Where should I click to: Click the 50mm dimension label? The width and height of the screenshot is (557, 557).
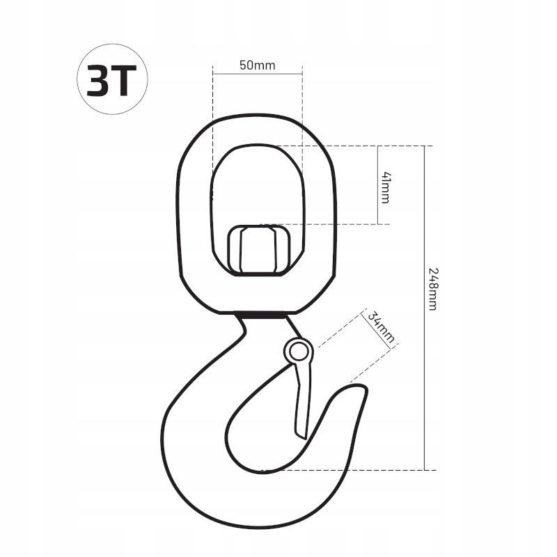[x=257, y=65]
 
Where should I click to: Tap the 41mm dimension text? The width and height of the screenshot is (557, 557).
[x=386, y=187]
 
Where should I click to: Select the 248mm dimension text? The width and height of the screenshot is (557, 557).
[x=432, y=289]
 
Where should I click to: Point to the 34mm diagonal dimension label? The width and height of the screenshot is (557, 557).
[x=380, y=327]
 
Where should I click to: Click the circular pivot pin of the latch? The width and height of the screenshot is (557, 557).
[x=299, y=352]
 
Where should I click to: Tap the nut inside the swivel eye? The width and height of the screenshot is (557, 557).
[x=258, y=250]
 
